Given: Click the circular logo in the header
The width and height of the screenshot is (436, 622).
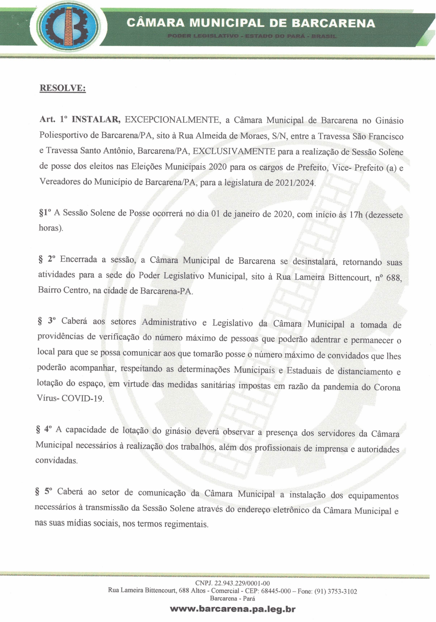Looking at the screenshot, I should pyautogui.click(x=68, y=26).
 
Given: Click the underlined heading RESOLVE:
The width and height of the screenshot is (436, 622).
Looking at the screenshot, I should pyautogui.click(x=63, y=88).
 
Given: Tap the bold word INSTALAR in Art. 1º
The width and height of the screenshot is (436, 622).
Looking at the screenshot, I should pyautogui.click(x=96, y=119).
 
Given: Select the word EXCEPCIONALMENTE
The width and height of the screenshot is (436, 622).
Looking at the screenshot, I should pyautogui.click(x=172, y=120).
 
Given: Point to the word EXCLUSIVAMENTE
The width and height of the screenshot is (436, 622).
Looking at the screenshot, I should pyautogui.click(x=234, y=151).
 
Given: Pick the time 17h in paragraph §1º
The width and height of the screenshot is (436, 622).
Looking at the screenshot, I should pyautogui.click(x=356, y=215).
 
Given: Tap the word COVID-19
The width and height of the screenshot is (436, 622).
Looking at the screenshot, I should pyautogui.click(x=82, y=399).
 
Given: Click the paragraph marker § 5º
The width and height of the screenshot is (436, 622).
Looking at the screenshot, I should pyautogui.click(x=43, y=492).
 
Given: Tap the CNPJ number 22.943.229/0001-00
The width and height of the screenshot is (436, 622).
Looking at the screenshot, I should pyautogui.click(x=242, y=583).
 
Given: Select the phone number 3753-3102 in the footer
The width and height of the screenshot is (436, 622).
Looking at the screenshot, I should pyautogui.click(x=342, y=592).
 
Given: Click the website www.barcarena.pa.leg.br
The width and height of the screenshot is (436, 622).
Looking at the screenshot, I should pyautogui.click(x=233, y=609).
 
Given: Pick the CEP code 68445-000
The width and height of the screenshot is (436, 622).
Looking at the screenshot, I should pyautogui.click(x=276, y=591).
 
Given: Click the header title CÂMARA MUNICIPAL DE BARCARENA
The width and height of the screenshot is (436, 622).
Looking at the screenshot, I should pyautogui.click(x=251, y=24).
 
